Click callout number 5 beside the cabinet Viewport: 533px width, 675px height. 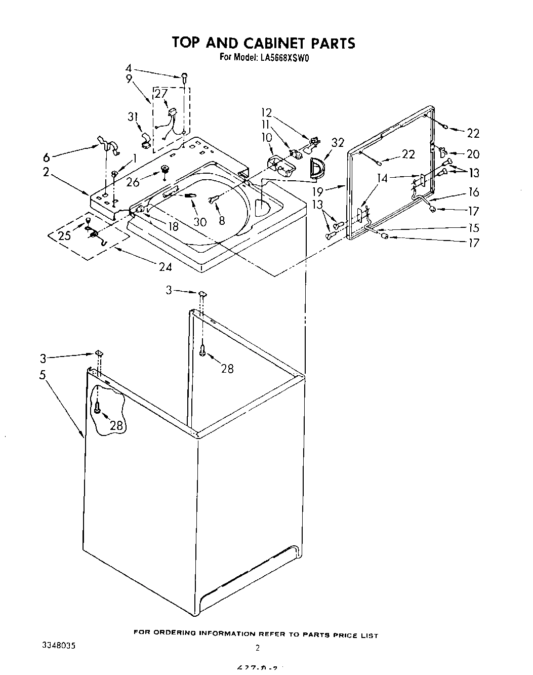pyautogui.click(x=43, y=375)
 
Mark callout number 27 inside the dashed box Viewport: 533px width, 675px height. pyautogui.click(x=161, y=93)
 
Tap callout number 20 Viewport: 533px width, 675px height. pyautogui.click(x=473, y=154)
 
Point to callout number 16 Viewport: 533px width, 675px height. pyautogui.click(x=473, y=192)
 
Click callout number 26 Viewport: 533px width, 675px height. pyautogui.click(x=133, y=182)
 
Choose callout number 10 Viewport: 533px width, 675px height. pyautogui.click(x=266, y=137)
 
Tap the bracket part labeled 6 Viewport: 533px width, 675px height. pyautogui.click(x=108, y=145)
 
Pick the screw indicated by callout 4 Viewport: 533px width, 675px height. pyautogui.click(x=185, y=77)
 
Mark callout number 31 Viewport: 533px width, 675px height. pyautogui.click(x=133, y=116)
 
